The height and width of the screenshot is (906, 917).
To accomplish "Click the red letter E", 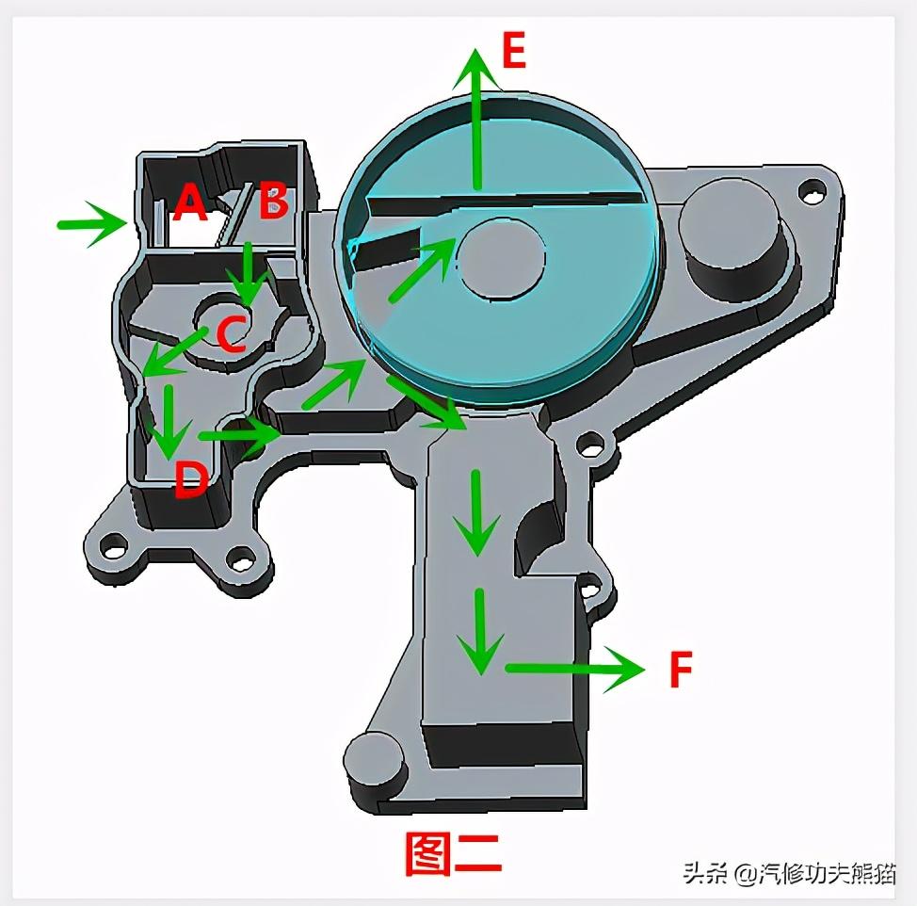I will [513, 51].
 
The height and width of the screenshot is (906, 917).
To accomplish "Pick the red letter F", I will [680, 670].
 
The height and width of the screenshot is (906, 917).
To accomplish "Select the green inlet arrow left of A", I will [92, 223].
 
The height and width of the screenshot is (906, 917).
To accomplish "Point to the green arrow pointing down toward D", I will [168, 419].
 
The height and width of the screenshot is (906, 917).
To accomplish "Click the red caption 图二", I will [453, 853].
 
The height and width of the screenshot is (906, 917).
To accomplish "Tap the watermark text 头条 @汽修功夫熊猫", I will [789, 873].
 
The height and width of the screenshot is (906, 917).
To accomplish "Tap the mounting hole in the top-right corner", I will [809, 191].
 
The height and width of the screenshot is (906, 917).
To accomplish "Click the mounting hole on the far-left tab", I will [114, 544].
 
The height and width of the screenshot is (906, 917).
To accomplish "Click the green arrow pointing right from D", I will [239, 434].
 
